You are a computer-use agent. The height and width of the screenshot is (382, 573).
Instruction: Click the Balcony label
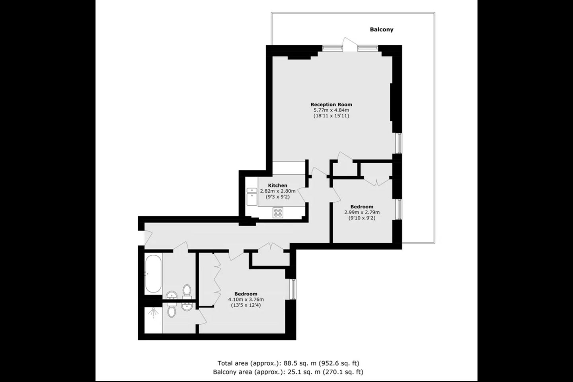381,29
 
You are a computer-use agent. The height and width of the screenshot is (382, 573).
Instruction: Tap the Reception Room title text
331,104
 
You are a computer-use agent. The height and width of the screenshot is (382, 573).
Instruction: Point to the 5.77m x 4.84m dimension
331,110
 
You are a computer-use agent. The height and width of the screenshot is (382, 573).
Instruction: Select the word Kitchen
278,185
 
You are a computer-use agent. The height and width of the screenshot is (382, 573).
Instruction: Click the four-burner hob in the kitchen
278,212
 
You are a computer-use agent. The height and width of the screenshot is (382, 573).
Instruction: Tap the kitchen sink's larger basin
252,199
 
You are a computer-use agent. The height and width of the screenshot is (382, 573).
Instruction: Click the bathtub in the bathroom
153,274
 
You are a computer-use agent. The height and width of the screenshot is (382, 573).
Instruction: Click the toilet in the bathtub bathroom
187,292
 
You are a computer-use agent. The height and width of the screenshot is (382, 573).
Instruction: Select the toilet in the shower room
171,310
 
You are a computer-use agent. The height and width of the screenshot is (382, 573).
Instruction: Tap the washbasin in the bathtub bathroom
172,295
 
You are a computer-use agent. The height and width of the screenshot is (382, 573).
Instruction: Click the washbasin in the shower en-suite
187,306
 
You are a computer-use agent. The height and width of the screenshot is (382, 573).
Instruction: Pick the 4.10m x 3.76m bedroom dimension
246,299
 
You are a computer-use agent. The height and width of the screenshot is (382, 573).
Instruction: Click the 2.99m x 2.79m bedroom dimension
362,212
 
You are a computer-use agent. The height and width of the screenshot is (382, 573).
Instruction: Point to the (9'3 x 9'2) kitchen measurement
278,197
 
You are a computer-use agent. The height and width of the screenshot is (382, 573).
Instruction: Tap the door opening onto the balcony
349,45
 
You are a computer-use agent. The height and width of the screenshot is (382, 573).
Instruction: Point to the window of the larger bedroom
293,289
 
